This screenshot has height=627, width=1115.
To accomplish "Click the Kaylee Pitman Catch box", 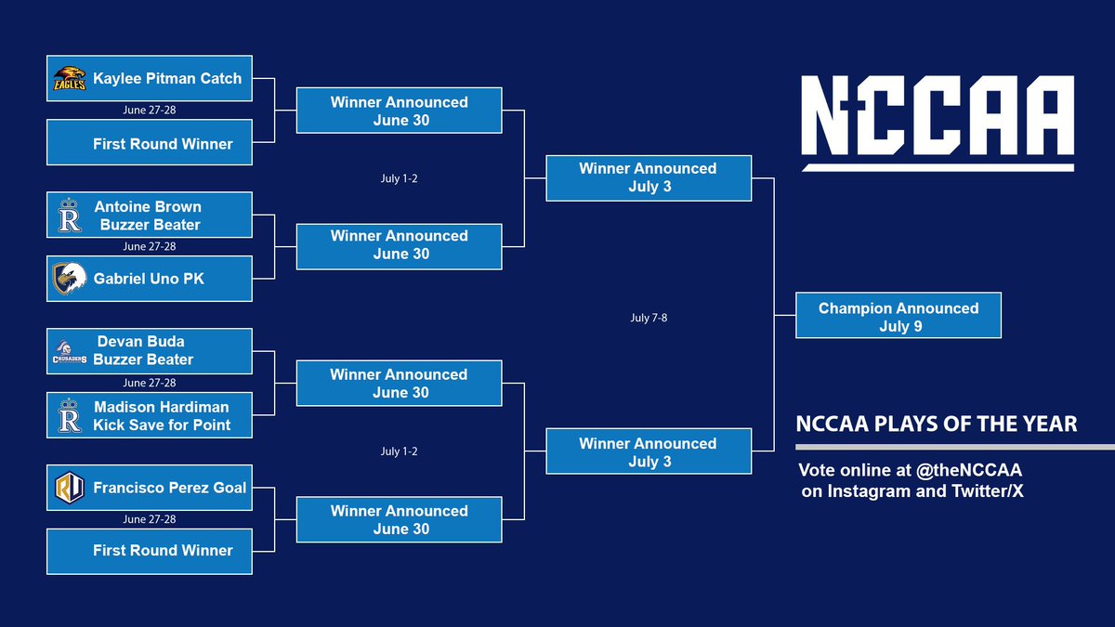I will pos(150,79).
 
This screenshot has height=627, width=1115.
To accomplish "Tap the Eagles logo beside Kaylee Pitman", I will pos(70,80).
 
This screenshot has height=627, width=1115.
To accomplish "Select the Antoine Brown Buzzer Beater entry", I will pos(150,216).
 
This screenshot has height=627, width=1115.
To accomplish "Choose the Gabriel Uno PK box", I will pos(150,278).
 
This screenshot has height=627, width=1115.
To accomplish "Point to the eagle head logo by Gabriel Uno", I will pos(70,278).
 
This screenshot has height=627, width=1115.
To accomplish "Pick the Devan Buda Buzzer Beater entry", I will pos(150,351).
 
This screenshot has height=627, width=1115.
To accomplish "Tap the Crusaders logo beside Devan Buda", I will pos(70,351).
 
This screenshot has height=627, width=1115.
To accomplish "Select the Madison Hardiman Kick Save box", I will pos(150,415).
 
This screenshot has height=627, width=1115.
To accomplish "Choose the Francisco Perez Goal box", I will pos(150,487).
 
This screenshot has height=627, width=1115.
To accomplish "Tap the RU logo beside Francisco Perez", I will pos(70,487).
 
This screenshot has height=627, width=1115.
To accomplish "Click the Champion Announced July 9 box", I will pos(899,317).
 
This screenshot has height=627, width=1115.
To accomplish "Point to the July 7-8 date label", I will pos(649,318).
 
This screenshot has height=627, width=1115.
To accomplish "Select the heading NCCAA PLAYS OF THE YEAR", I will pos(937,425).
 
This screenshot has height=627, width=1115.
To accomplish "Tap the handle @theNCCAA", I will pos(968,470).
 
